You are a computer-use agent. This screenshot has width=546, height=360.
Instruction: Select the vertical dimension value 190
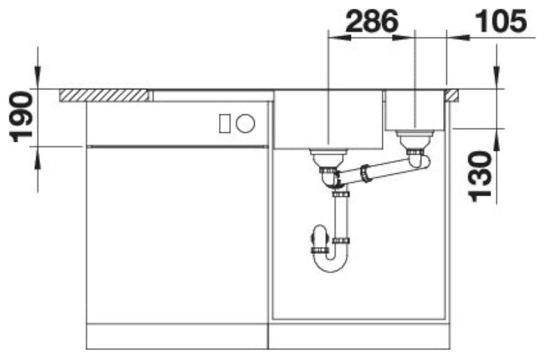click(x=22, y=117)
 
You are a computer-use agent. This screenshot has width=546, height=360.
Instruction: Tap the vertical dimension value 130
click(x=480, y=175)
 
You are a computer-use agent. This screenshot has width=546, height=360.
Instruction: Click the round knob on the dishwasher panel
click(x=245, y=123)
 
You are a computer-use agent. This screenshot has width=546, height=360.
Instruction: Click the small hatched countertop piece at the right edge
click(x=453, y=95)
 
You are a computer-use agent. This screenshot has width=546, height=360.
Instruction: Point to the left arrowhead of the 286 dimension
click(x=338, y=37)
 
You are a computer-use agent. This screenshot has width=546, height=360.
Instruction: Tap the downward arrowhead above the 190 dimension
click(x=38, y=77)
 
